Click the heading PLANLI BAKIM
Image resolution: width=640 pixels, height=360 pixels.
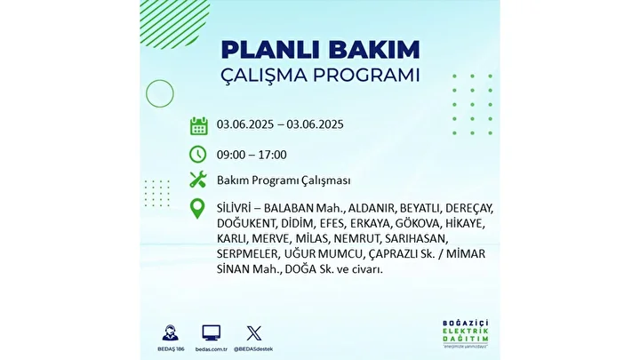point(320,50)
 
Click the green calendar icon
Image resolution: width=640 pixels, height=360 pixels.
point(199,125)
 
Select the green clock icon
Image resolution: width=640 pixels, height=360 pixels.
point(198,155)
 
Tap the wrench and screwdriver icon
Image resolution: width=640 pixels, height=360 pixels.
point(198,180)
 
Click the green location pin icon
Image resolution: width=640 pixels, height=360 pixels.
point(197,209)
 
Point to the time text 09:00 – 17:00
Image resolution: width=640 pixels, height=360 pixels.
point(252,155)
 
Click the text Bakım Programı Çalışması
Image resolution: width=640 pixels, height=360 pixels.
point(284,180)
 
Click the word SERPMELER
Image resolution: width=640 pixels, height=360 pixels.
point(247,254)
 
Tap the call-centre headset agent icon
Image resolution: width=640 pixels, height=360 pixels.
point(171,333)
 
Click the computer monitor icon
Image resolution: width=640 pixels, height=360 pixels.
point(211,333)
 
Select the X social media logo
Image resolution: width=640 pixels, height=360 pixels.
point(254,333)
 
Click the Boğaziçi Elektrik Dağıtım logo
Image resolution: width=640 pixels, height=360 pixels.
point(465,334)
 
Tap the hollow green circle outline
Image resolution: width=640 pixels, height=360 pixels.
point(146,94)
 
